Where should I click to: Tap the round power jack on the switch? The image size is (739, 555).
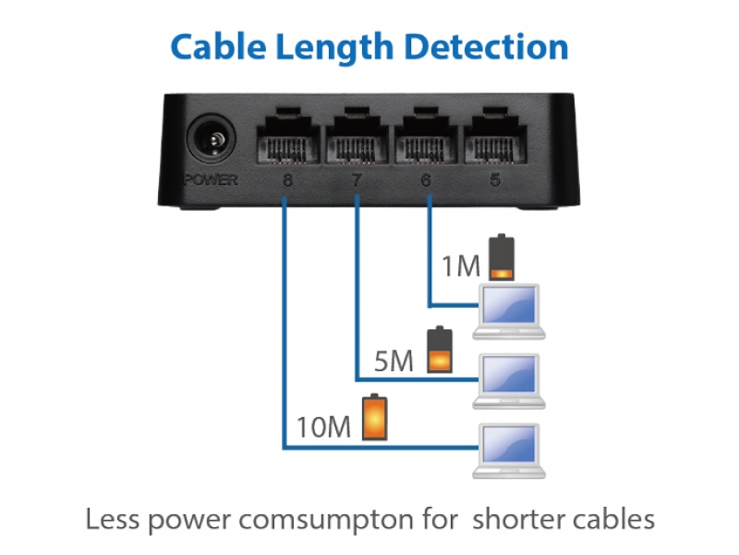[211, 144]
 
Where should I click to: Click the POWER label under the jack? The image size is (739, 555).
[211, 179]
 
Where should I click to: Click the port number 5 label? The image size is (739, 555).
[495, 180]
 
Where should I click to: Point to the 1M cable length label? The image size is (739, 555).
[460, 267]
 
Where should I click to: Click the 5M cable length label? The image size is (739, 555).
[394, 361]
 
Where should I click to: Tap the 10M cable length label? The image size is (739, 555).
[324, 427]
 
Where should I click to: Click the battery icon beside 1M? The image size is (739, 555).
[501, 258]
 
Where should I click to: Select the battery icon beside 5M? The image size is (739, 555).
[440, 351]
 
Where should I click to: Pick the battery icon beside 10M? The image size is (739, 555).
[374, 417]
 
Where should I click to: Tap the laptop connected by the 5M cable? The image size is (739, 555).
[507, 379]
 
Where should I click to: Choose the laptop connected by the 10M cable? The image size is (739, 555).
[507, 450]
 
